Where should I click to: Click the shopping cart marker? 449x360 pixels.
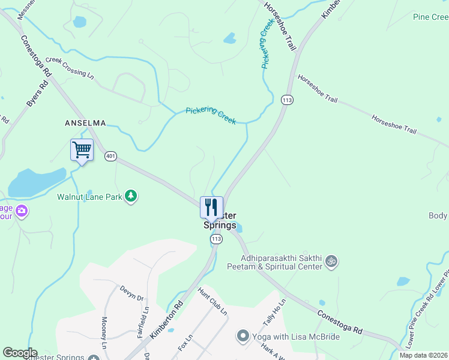(x=82, y=150)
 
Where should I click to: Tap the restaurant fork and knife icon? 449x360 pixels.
(x=211, y=207)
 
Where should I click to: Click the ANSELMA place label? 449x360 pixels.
(x=85, y=123)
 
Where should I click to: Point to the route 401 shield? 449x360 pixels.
(x=110, y=156)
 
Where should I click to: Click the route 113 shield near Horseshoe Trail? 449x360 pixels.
(x=287, y=100)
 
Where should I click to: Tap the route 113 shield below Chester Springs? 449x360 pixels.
(x=216, y=239)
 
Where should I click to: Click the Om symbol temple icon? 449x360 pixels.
(x=330, y=261)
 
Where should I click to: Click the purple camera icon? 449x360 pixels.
(x=22, y=210)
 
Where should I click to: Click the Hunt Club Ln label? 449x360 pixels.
(x=212, y=302)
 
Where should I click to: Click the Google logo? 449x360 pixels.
(x=20, y=353)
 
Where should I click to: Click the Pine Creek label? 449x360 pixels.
(x=430, y=17)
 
